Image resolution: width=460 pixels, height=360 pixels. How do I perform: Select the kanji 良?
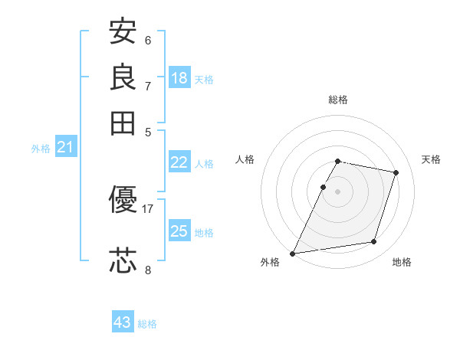(123, 77)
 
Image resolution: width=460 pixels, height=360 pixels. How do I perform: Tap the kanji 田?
(123, 123)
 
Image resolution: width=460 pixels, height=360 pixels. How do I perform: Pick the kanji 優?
(123, 200)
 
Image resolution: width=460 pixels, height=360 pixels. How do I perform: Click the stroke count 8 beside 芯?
(148, 269)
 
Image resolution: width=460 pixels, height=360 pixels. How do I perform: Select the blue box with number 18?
(179, 78)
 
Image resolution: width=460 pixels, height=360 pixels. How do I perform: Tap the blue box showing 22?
(179, 162)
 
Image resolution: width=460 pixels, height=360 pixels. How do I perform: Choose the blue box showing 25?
(179, 231)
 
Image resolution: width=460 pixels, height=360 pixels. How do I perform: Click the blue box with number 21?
(65, 147)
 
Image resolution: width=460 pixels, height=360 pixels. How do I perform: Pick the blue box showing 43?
(123, 322)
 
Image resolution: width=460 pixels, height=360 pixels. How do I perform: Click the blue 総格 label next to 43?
(147, 324)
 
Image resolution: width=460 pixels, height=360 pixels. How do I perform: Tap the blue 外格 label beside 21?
(41, 149)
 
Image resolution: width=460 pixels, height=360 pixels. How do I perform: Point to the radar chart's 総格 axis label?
(338, 100)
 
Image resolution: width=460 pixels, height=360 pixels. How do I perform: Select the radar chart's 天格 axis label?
(431, 159)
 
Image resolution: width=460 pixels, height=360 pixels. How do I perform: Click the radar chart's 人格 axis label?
(245, 159)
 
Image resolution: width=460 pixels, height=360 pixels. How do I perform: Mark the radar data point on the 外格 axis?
(293, 253)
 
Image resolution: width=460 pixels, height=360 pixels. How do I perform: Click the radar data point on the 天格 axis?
(396, 172)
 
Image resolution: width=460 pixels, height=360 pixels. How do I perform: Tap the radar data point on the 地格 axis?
(374, 242)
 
